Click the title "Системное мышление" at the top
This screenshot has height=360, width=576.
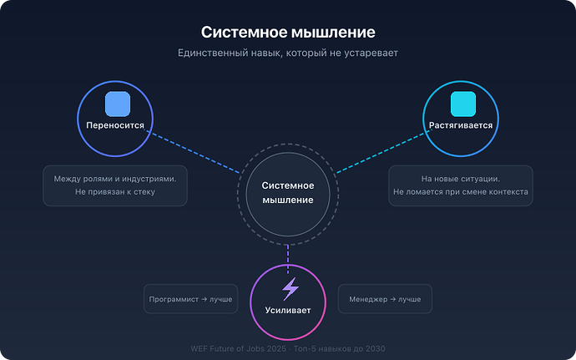[288, 32]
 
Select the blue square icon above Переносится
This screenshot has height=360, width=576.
[118, 104]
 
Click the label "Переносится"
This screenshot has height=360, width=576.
[115, 126]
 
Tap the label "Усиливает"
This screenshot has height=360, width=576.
[288, 310]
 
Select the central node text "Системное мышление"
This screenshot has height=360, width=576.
[288, 192]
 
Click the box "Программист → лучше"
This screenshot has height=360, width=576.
[190, 298]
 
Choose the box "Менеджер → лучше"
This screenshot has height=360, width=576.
[384, 298]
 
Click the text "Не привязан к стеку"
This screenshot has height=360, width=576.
[115, 192]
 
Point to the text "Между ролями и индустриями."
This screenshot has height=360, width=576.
[115, 179]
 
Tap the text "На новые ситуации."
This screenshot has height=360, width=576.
[461, 179]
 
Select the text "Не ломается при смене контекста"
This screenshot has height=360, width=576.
[461, 192]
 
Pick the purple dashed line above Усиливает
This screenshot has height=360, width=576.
[288, 254]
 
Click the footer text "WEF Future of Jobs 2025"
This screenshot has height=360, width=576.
[241, 347]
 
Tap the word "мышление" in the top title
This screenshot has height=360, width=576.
[333, 32]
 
